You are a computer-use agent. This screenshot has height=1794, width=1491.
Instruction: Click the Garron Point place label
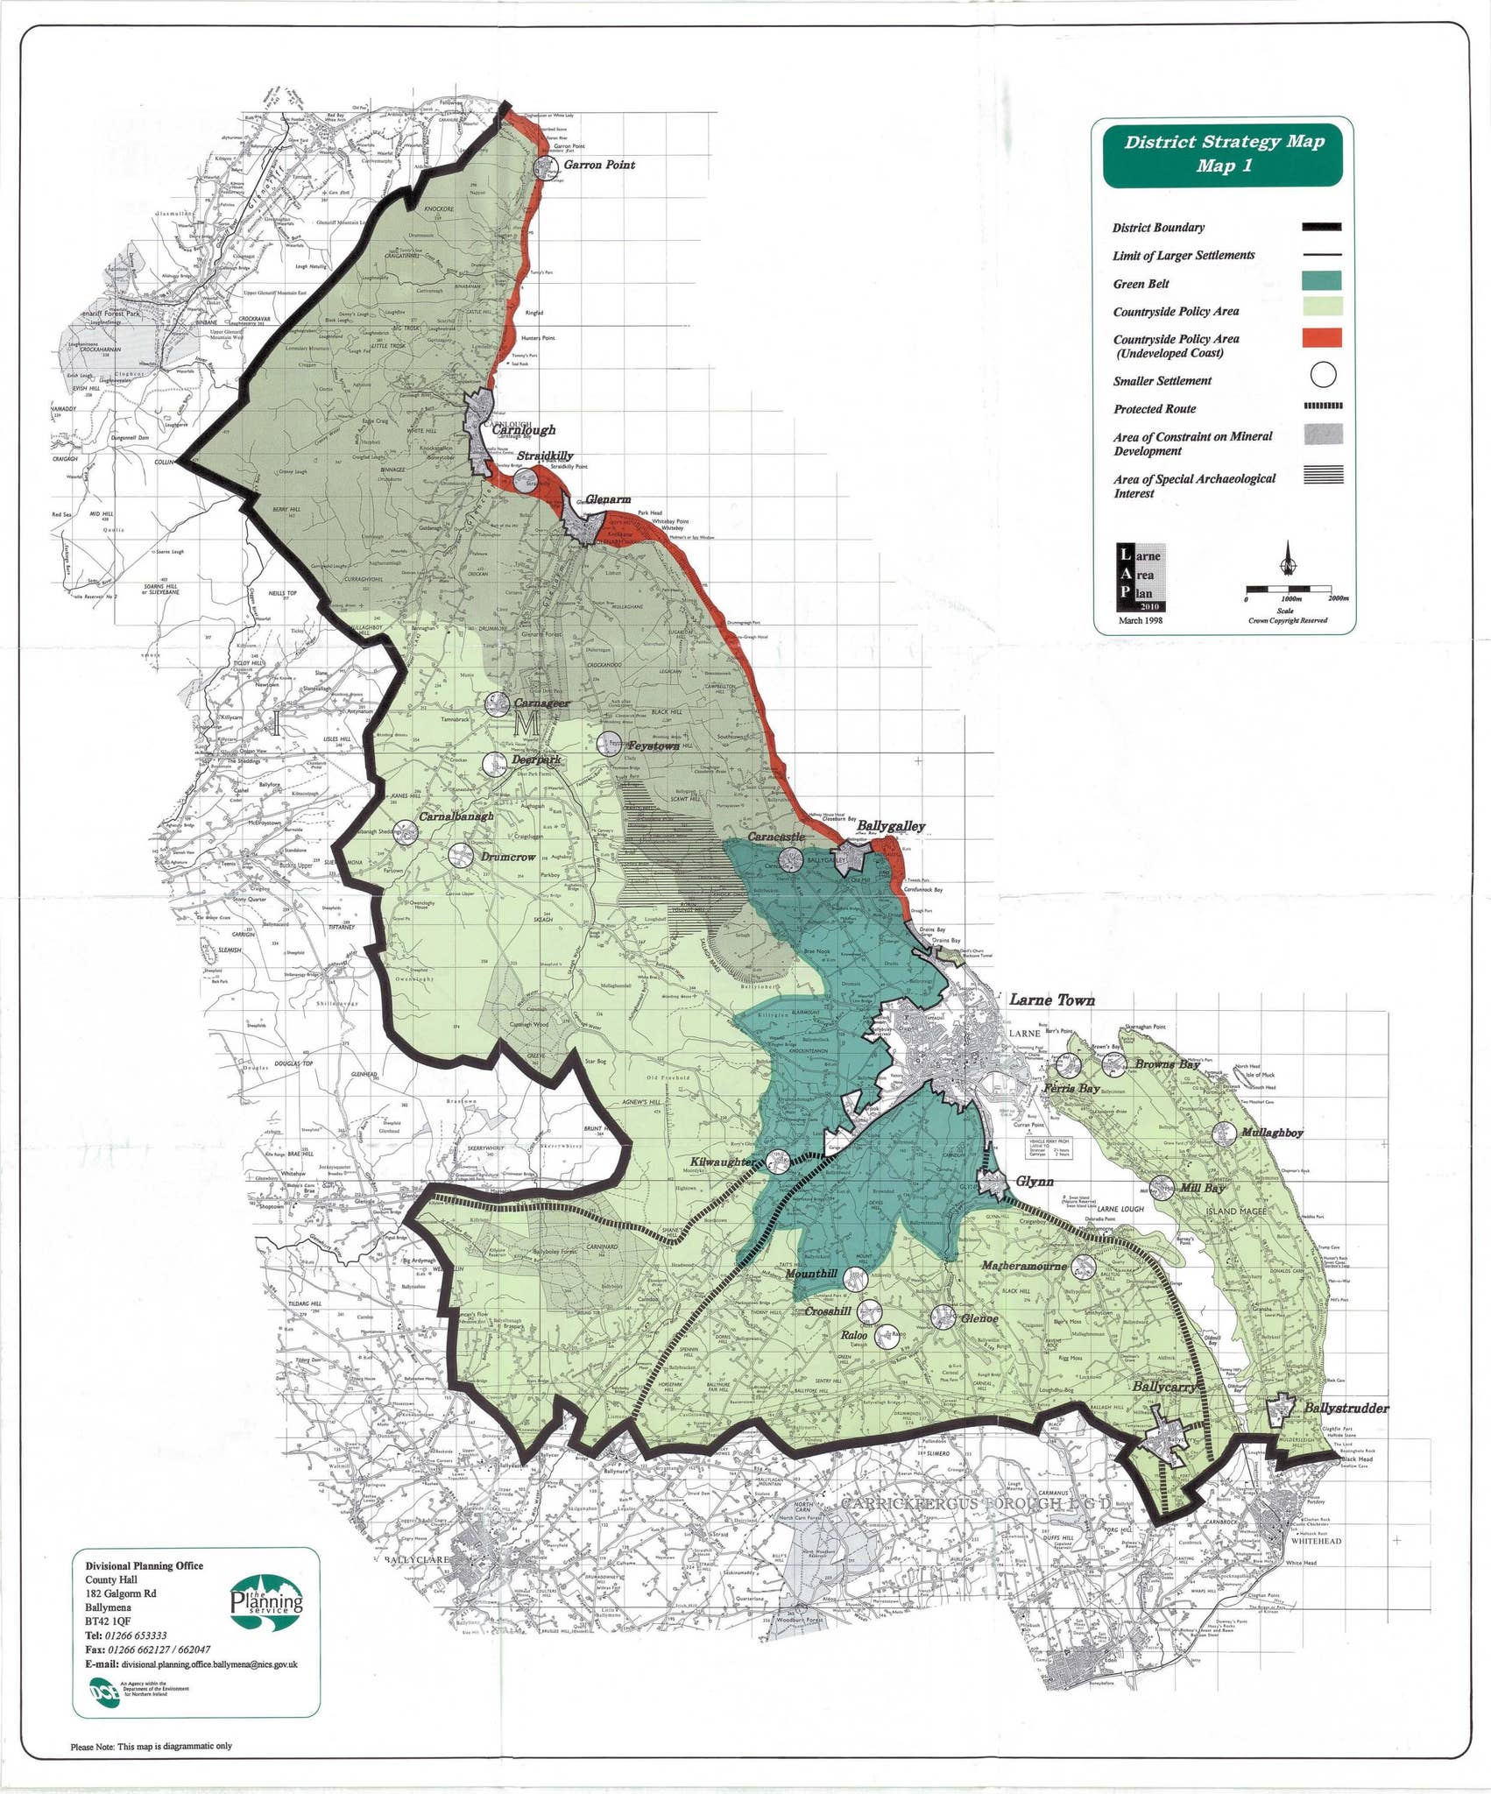[599, 165]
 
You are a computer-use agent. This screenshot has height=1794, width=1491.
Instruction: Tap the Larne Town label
[1052, 999]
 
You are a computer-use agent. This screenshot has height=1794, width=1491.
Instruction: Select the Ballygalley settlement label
[890, 826]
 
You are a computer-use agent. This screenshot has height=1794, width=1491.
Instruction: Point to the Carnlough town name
[523, 430]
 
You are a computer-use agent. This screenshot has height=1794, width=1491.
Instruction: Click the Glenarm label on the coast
[608, 499]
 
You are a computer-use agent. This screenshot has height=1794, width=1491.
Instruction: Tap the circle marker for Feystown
[609, 745]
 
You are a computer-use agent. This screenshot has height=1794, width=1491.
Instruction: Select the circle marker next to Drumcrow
[460, 856]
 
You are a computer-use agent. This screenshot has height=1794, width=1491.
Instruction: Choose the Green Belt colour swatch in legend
[1322, 281]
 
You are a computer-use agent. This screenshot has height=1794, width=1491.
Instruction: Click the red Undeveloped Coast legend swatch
[1322, 338]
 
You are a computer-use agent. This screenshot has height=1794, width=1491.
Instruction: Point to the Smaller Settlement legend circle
[1323, 374]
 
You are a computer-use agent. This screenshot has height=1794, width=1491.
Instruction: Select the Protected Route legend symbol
[1322, 406]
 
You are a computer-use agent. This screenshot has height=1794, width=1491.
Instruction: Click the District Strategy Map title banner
[1223, 154]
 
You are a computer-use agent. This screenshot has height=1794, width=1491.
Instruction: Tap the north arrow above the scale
[1288, 557]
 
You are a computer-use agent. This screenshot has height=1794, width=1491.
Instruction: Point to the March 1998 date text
[1141, 620]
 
